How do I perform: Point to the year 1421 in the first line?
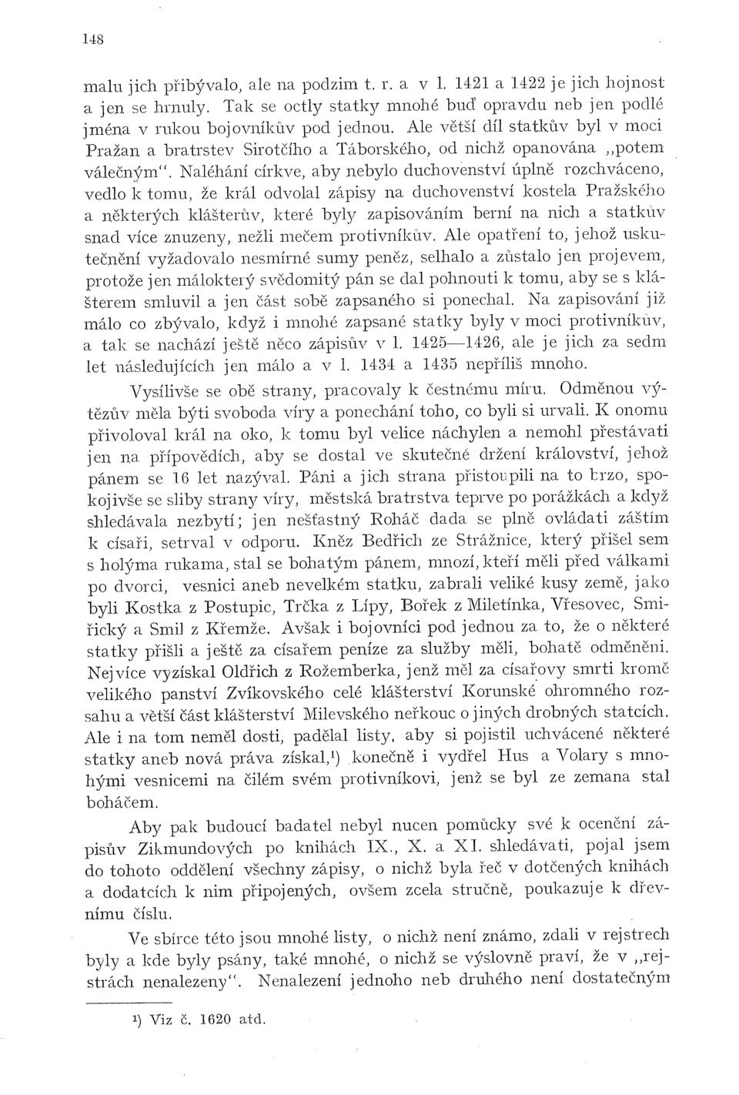point(472,79)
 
